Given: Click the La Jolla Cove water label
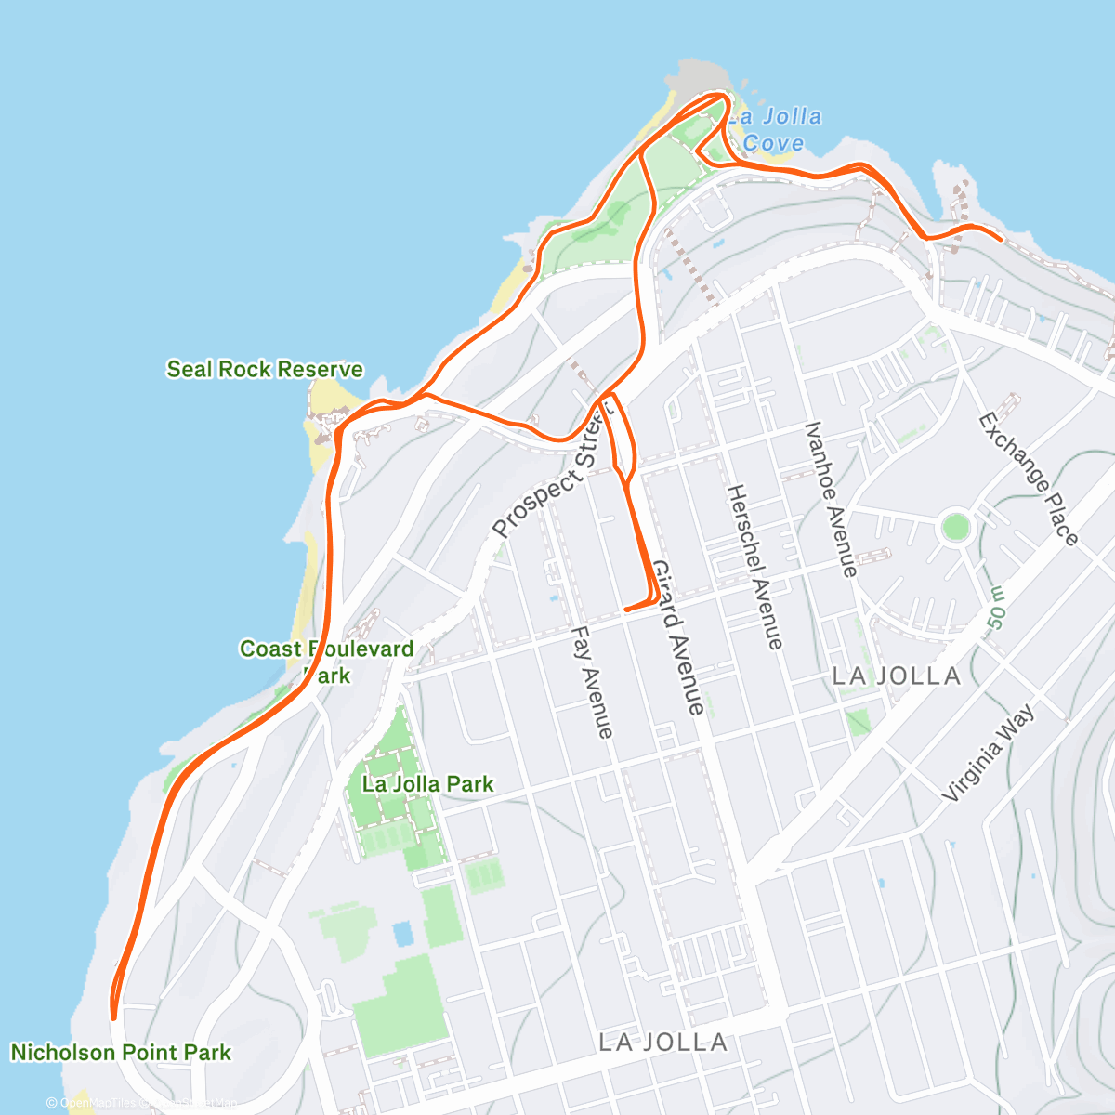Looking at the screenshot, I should click(774, 130).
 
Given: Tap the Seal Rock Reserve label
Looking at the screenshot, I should click(265, 369).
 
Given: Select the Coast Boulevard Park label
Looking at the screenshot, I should click(326, 662).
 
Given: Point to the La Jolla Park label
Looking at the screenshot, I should click(427, 783).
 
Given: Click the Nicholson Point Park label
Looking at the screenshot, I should click(121, 1053).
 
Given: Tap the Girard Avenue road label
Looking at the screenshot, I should click(677, 636).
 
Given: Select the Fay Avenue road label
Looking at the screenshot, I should click(592, 682).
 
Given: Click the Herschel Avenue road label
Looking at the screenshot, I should click(754, 566).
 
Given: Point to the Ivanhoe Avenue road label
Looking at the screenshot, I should click(831, 499).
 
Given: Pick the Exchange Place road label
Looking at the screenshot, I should click(1029, 479).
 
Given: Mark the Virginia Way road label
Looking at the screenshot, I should click(988, 753).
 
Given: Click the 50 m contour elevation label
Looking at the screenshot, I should click(995, 609).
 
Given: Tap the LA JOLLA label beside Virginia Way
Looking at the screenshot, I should click(897, 676).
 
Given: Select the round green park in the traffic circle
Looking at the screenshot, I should click(955, 528).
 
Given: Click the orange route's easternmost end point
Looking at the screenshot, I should click(1000, 240).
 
